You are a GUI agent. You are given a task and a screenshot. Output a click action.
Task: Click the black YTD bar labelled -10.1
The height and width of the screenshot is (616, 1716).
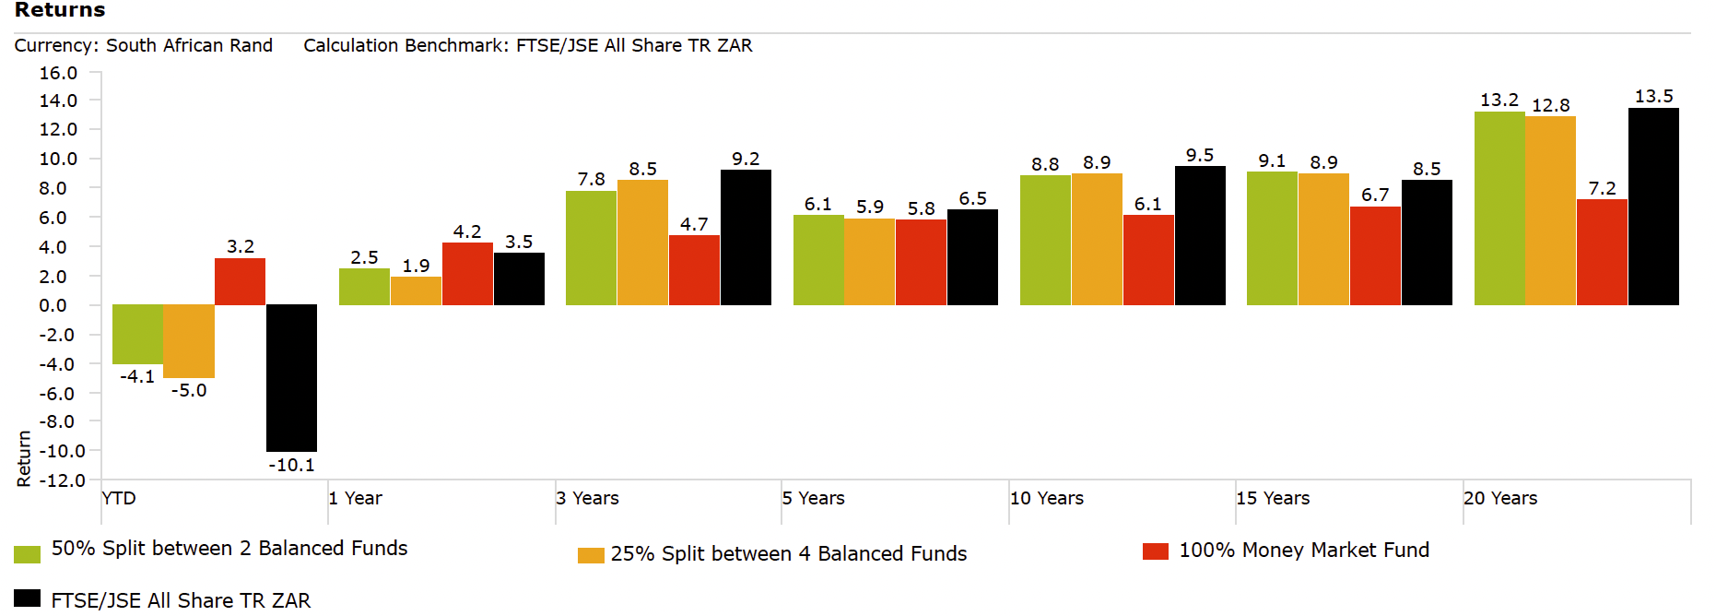(x=291, y=378)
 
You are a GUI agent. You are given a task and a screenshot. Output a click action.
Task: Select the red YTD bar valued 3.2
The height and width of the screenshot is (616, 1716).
(x=240, y=281)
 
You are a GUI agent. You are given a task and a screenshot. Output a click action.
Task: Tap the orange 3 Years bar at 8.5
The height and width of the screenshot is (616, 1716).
(x=642, y=243)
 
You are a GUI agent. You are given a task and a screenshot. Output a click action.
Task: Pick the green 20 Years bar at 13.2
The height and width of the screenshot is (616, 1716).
(x=1499, y=208)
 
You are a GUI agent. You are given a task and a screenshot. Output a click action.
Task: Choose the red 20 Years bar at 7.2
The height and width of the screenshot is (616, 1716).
(x=1602, y=252)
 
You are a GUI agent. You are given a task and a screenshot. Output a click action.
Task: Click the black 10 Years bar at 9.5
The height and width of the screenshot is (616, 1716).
(x=1200, y=235)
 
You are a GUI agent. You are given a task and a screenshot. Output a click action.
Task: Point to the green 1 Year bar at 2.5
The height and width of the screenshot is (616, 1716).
(x=364, y=287)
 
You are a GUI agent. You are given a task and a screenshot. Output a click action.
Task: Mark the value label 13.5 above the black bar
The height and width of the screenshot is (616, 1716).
(x=1653, y=96)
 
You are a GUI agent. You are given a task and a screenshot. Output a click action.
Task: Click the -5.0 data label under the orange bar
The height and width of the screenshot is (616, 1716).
(x=189, y=390)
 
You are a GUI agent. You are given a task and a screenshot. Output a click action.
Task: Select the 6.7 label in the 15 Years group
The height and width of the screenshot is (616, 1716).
(x=1375, y=195)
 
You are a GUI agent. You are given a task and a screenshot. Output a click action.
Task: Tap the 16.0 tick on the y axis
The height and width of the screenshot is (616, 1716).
(x=58, y=73)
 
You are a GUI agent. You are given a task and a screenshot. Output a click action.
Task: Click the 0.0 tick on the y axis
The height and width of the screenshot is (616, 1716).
(x=53, y=305)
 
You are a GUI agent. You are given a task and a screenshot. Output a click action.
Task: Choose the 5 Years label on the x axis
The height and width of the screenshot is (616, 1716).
(x=813, y=498)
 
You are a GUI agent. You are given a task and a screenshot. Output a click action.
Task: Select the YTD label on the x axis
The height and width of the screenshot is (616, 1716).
(x=119, y=498)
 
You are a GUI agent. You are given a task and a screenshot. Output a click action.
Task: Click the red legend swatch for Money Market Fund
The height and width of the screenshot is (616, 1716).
(x=1155, y=551)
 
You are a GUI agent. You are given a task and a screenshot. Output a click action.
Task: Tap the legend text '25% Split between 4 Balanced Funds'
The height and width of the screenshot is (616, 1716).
(x=789, y=553)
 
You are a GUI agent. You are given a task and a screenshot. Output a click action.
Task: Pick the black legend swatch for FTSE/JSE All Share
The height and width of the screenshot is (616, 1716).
(x=28, y=598)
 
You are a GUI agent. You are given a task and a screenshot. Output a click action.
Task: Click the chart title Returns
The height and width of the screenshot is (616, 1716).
(x=60, y=10)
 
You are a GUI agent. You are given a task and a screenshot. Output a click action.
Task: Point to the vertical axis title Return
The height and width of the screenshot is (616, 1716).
(x=24, y=458)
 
